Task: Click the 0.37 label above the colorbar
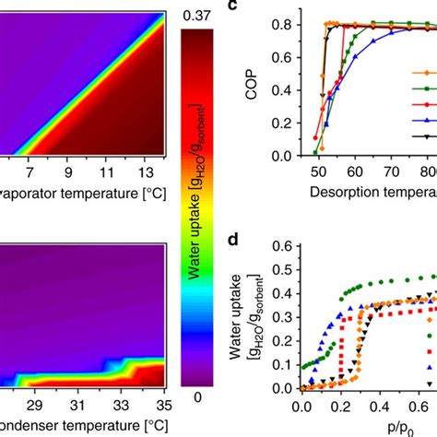200,14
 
